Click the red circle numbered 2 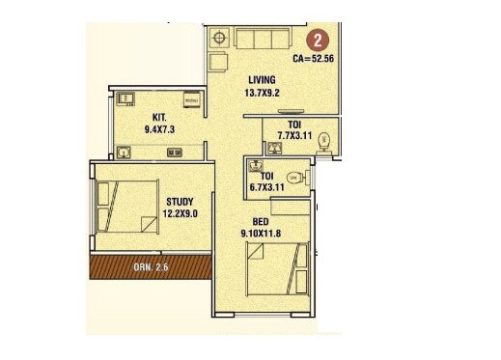point(315,42)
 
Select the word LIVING point(262,79)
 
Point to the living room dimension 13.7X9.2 point(262,94)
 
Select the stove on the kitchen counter point(175,152)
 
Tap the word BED point(261,220)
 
